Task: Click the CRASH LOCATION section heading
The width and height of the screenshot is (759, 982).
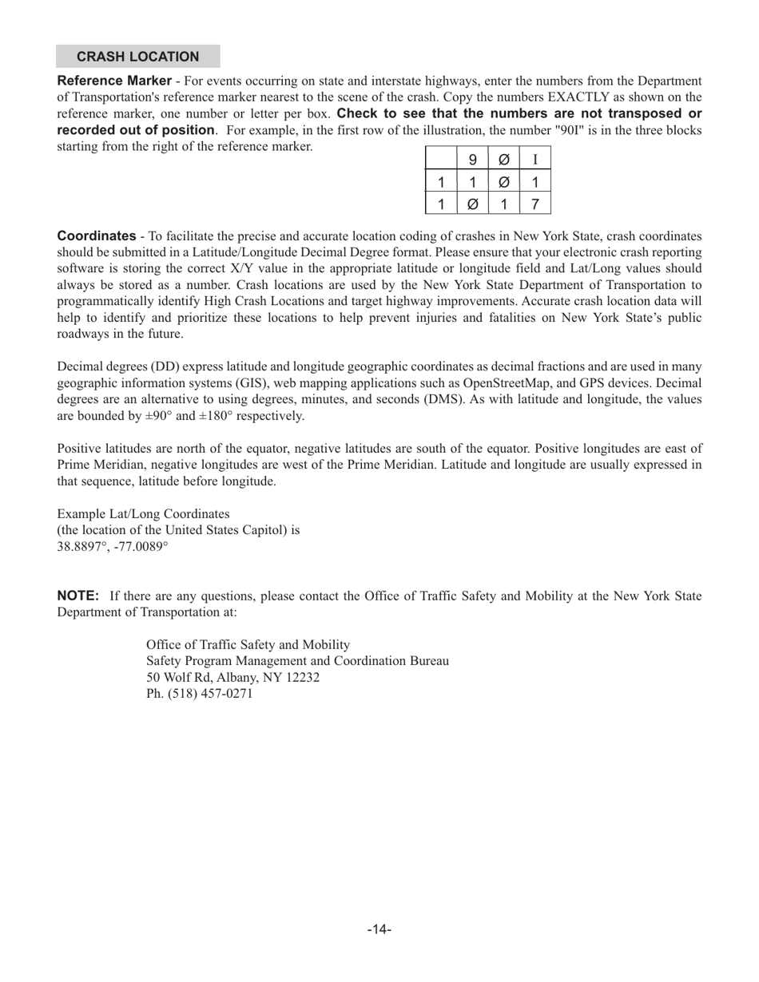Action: [137, 57]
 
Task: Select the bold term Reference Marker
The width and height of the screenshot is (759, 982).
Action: [114, 81]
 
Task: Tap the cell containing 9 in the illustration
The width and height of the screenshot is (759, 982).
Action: [472, 160]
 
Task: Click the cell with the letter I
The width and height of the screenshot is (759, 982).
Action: [534, 160]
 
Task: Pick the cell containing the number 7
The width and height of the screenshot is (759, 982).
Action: [534, 204]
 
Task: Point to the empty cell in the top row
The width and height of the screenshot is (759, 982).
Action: [441, 160]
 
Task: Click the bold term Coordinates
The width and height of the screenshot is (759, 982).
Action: [97, 236]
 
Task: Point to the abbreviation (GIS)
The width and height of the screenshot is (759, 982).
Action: [231, 383]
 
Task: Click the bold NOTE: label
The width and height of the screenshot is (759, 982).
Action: [78, 596]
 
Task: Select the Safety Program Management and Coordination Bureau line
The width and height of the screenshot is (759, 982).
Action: [297, 661]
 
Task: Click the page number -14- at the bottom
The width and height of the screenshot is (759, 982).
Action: [379, 929]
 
